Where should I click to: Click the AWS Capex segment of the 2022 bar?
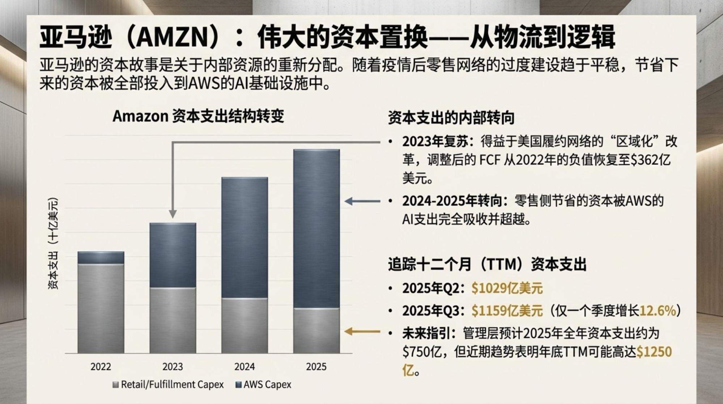(x=101, y=257)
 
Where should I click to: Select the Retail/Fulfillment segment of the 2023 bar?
(x=173, y=320)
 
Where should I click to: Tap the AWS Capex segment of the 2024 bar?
(x=244, y=237)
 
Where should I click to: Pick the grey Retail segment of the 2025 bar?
(x=316, y=330)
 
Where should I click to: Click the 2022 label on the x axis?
(x=101, y=367)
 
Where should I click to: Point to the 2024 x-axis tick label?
(x=244, y=367)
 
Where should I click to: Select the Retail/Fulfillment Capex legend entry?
(x=168, y=384)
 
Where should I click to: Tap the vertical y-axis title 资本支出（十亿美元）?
(x=54, y=243)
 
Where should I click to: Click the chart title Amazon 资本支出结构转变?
(x=198, y=117)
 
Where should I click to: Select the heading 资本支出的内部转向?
(x=451, y=118)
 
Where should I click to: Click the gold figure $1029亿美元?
(x=507, y=289)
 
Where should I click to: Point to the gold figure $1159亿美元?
(x=507, y=311)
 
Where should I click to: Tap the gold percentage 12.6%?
(x=658, y=311)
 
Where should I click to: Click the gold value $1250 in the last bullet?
(x=654, y=352)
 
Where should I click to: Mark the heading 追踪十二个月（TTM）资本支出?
(x=487, y=265)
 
